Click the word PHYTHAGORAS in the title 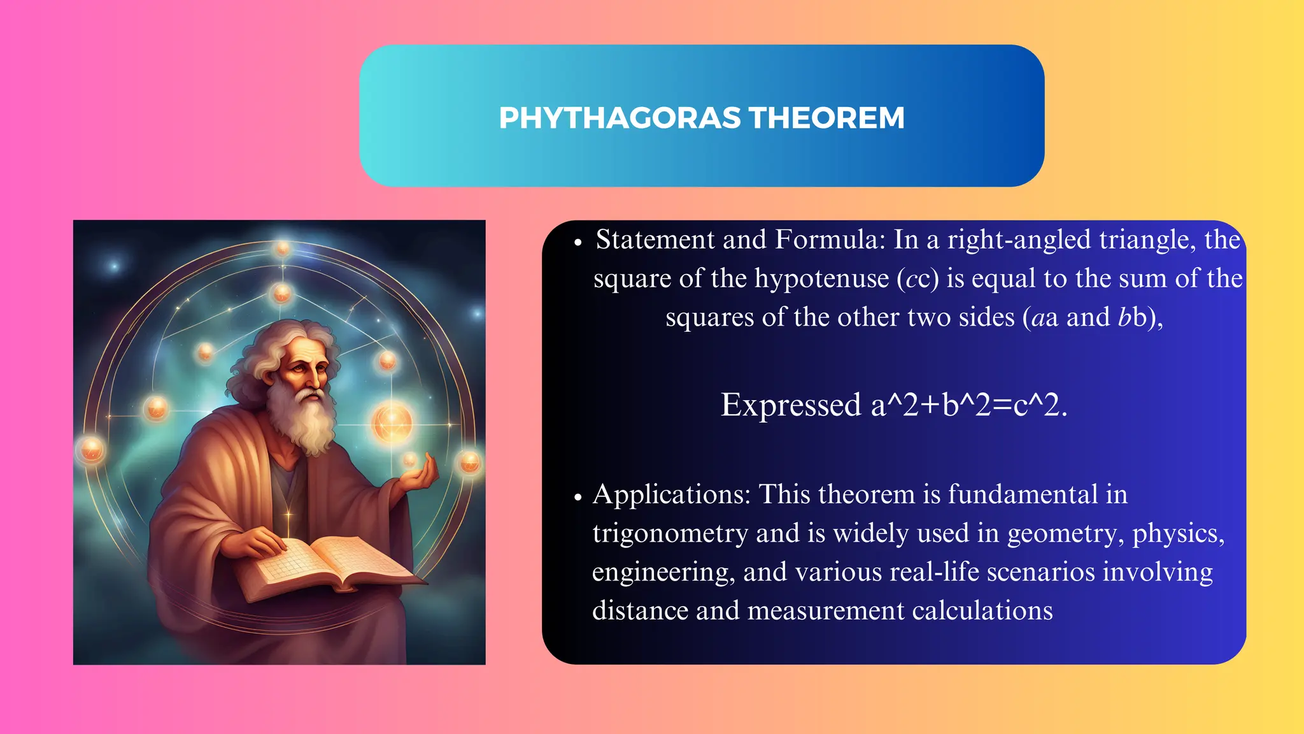[620, 118]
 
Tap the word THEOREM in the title [826, 118]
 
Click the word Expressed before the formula [790, 405]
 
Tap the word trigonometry [670, 534]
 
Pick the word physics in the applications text [1175, 534]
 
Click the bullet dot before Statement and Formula [578, 243]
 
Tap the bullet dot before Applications [578, 498]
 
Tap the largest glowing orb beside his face [392, 422]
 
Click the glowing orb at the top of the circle [283, 248]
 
